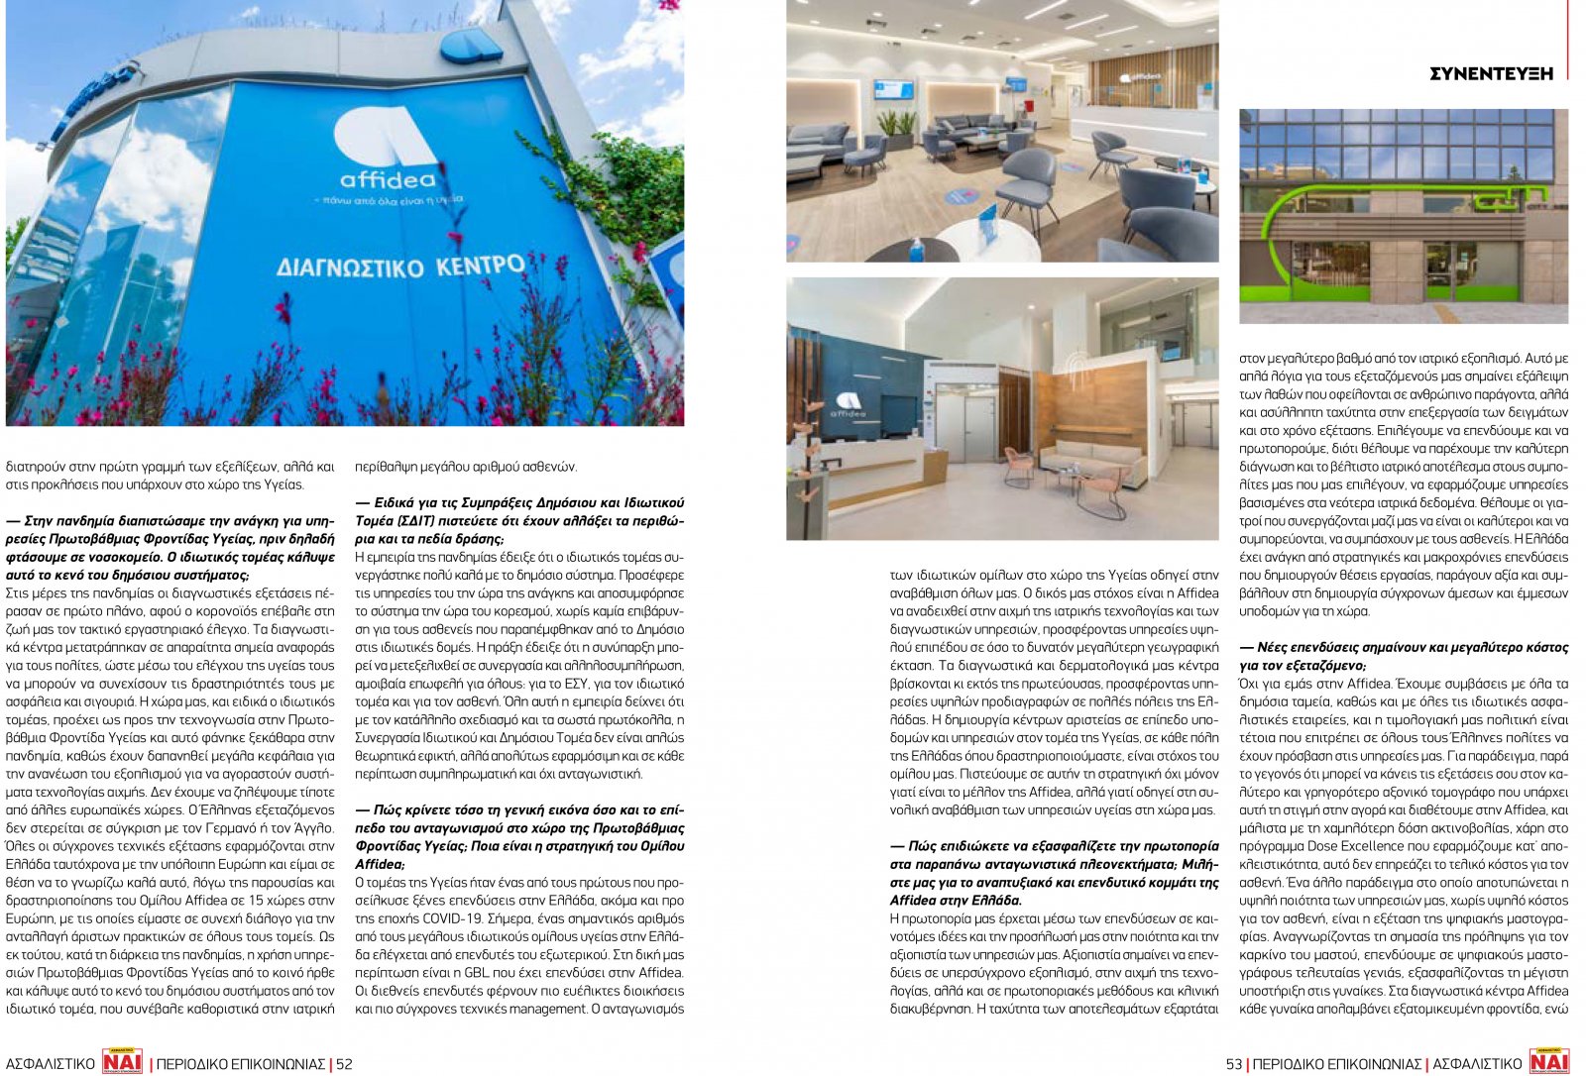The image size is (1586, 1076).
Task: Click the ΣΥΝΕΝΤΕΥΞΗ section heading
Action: [1491, 73]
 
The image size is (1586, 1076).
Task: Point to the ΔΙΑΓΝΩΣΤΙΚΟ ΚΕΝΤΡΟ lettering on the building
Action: [400, 267]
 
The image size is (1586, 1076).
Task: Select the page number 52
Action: [344, 1064]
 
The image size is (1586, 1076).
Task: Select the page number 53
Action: [1234, 1064]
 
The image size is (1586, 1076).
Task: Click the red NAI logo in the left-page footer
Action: [123, 1062]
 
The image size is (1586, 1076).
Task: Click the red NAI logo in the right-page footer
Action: [1549, 1062]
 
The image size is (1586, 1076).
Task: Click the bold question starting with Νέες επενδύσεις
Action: [1404, 656]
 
